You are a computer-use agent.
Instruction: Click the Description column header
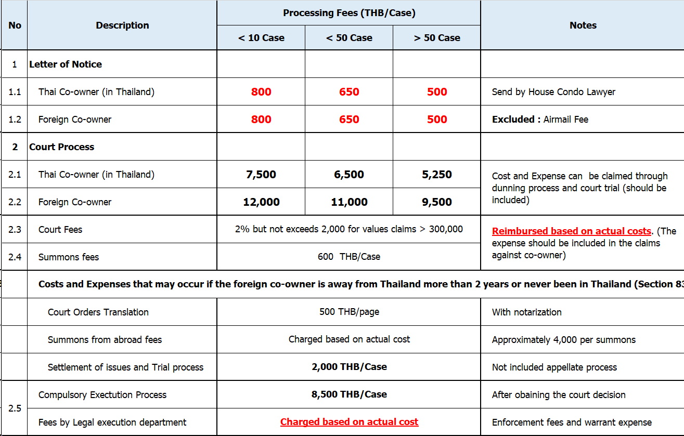click(122, 25)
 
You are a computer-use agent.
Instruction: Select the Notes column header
click(583, 25)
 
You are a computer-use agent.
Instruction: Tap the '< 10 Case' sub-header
click(261, 38)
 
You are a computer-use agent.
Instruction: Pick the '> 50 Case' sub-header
click(437, 38)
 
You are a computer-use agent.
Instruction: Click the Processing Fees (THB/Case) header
click(349, 13)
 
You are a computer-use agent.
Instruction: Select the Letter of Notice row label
click(66, 64)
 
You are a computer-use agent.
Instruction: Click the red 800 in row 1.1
click(261, 92)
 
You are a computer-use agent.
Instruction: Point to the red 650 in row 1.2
click(349, 120)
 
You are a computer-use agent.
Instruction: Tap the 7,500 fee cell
click(261, 175)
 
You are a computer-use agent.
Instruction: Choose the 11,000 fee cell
click(349, 202)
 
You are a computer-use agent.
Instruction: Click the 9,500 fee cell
click(437, 202)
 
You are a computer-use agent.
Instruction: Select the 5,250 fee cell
click(437, 175)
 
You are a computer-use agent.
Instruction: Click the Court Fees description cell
click(60, 230)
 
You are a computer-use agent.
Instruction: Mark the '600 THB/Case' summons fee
click(349, 257)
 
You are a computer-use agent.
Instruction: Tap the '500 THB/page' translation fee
click(349, 312)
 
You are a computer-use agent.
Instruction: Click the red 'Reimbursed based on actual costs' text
click(571, 231)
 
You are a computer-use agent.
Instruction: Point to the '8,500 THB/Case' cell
click(349, 394)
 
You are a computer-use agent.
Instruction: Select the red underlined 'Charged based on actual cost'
click(349, 422)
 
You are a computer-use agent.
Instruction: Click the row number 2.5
click(15, 408)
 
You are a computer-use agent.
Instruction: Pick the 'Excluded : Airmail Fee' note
click(540, 120)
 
